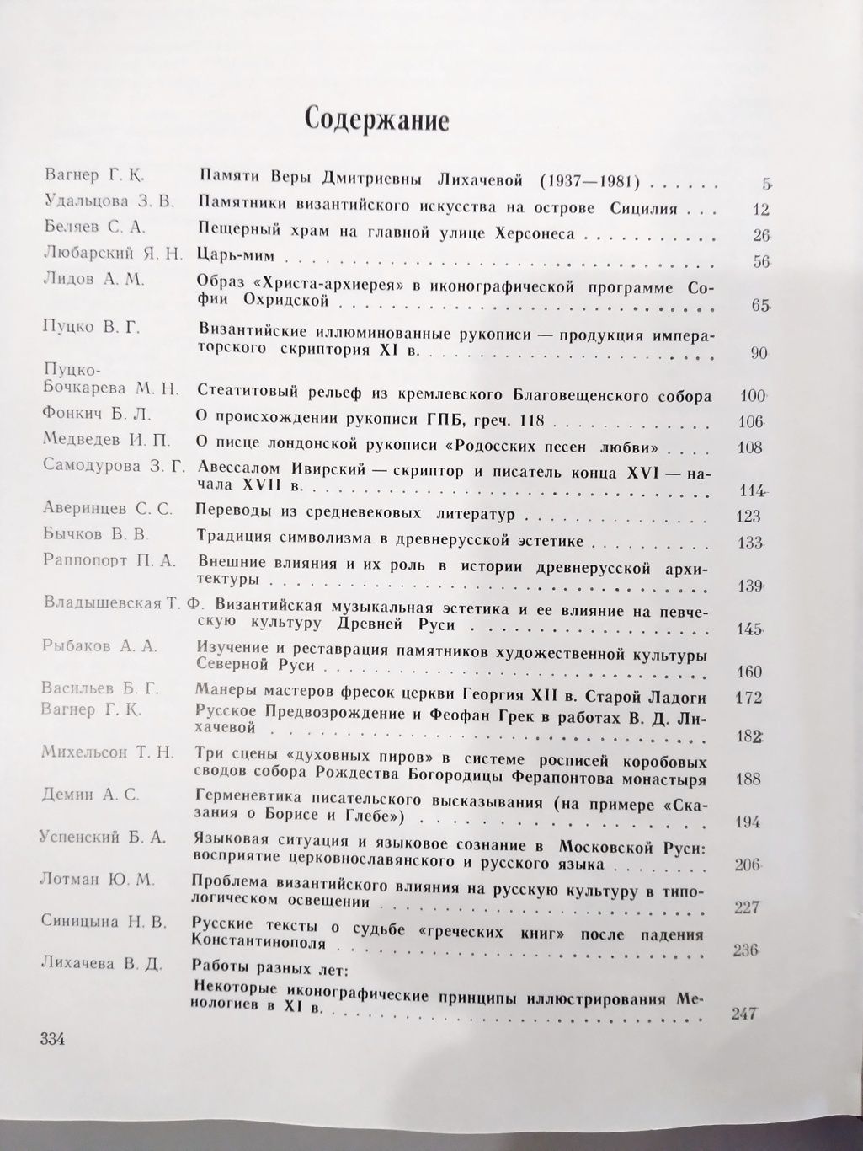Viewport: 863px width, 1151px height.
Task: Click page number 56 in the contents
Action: (763, 261)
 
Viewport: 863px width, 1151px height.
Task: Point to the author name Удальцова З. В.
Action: (105, 201)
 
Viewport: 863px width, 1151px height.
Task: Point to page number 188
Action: (748, 779)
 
